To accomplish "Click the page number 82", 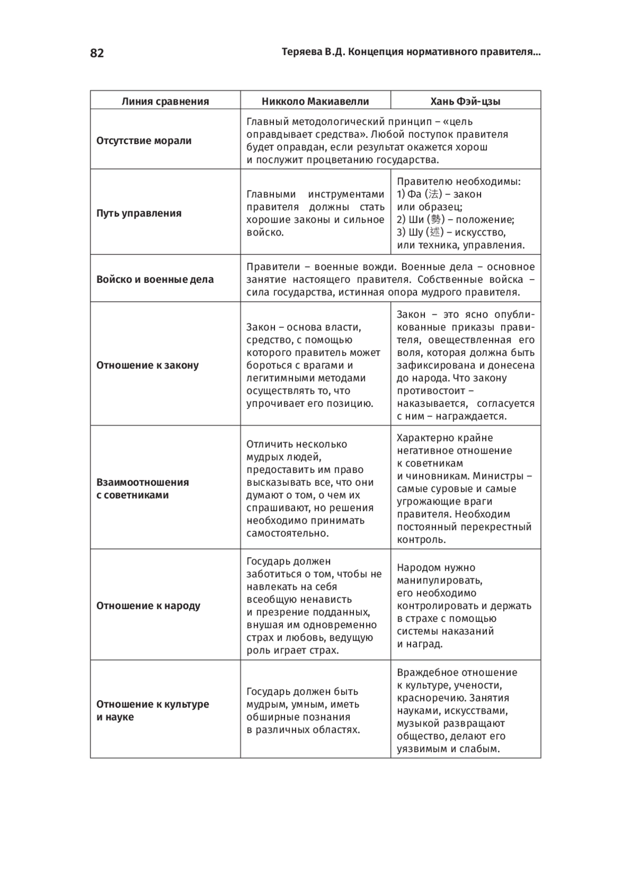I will (x=97, y=53).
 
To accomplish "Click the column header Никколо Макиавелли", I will (x=315, y=101).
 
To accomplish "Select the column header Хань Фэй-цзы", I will (x=465, y=101).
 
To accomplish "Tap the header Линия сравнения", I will (x=165, y=101).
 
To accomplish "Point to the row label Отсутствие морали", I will (x=144, y=141).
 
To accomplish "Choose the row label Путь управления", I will (x=139, y=213).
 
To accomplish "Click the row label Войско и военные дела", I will (x=155, y=280).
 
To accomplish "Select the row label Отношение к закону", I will (x=147, y=365).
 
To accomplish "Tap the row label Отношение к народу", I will (x=148, y=606).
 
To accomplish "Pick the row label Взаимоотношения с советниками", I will (x=142, y=489).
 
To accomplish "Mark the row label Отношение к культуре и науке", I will (x=152, y=711).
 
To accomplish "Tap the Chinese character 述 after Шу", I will (x=434, y=232).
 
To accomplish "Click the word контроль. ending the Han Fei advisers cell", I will (x=421, y=540).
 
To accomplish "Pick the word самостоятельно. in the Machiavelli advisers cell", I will (x=288, y=534).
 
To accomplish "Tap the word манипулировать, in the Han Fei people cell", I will (x=440, y=581).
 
